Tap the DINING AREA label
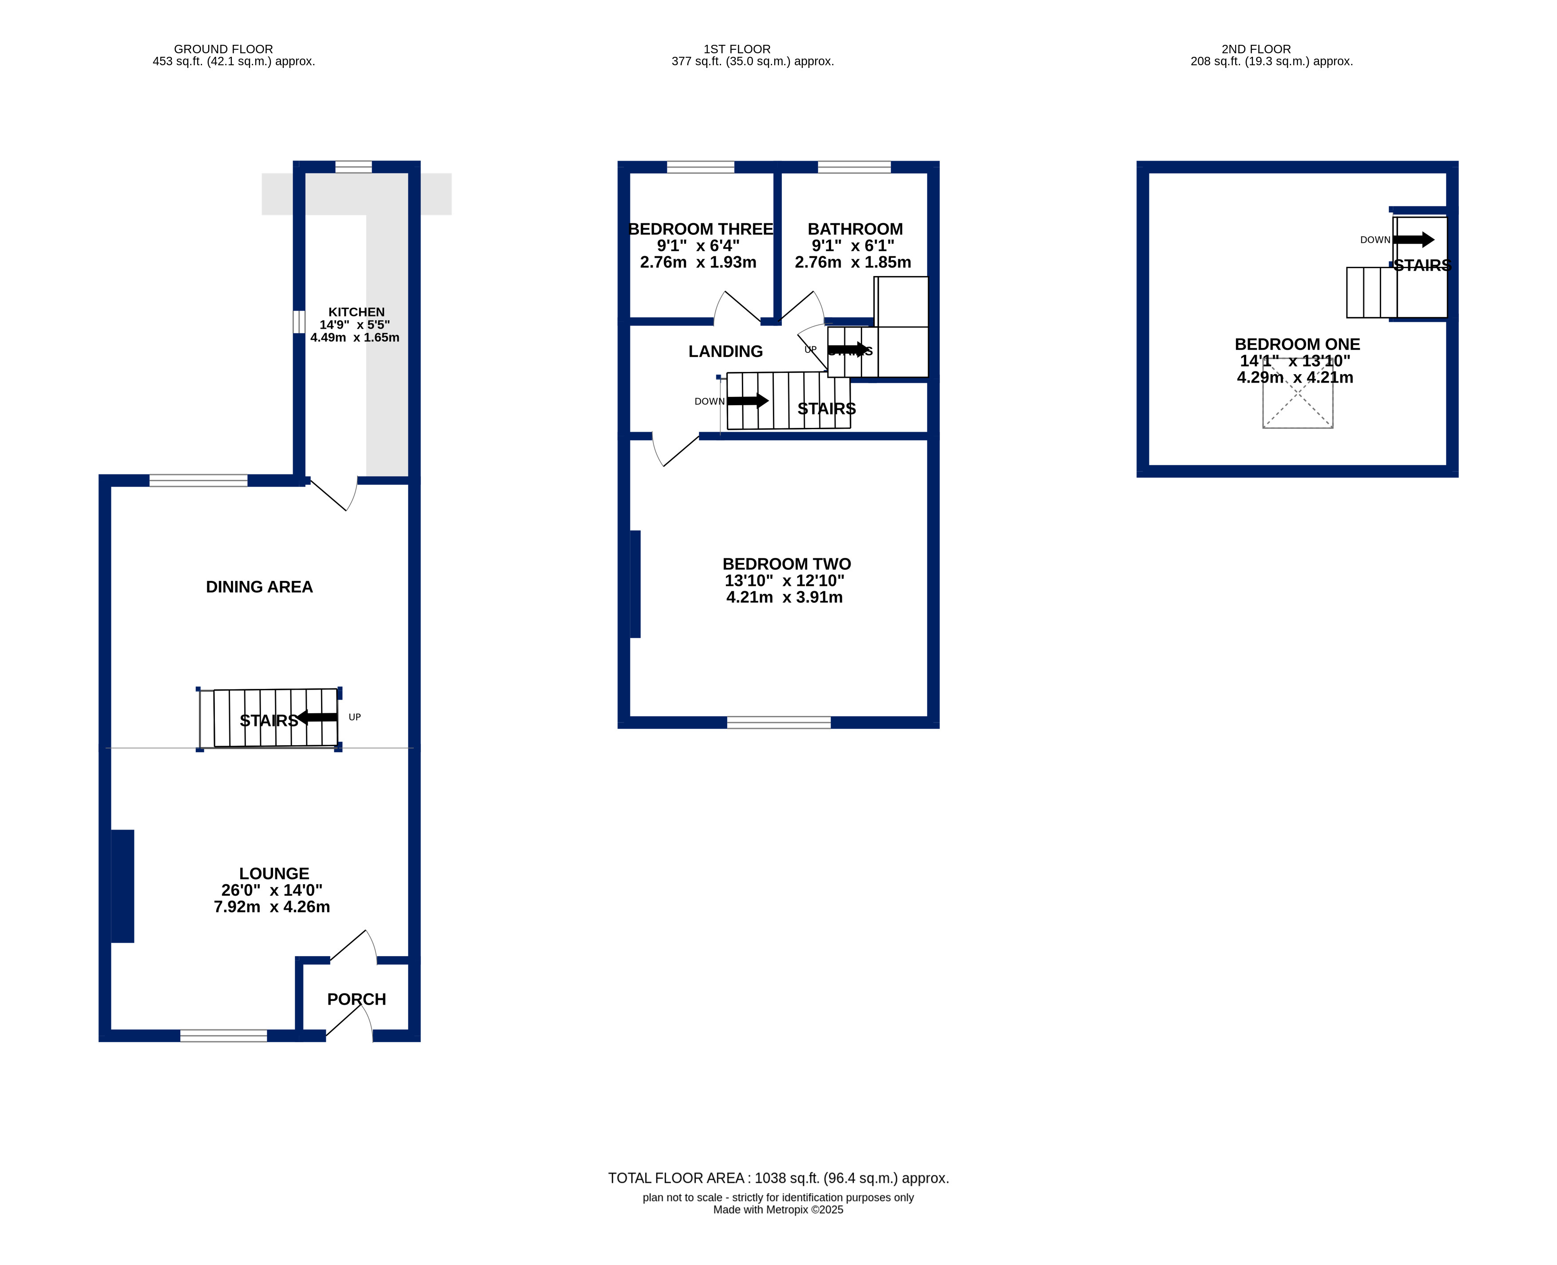259,587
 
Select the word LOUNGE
274,873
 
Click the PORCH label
357,999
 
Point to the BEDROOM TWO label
787,564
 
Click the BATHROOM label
855,229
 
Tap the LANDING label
725,351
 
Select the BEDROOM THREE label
701,229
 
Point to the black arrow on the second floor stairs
1414,239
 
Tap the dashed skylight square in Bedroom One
1297,394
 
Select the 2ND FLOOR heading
1256,49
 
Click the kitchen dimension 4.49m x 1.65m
355,337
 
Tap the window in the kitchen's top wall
353,167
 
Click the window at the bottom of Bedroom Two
779,722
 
